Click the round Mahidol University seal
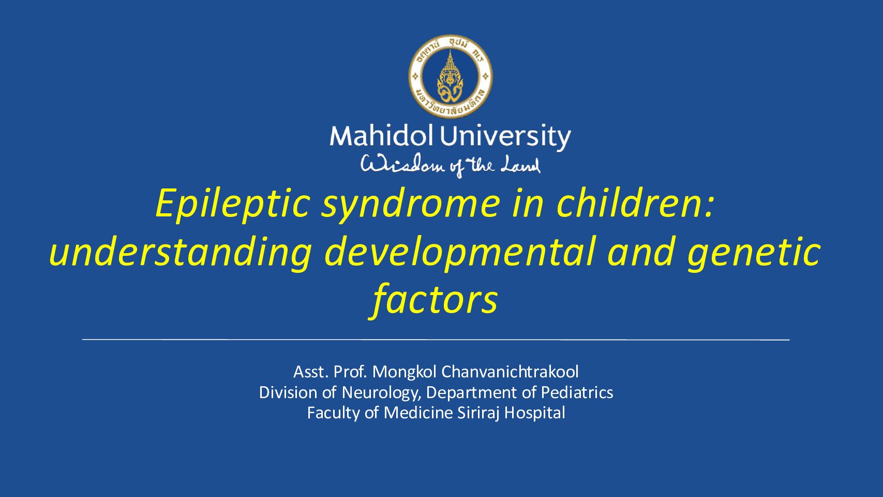pyautogui.click(x=451, y=76)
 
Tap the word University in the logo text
pyautogui.click(x=505, y=138)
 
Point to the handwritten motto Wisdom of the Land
pyautogui.click(x=450, y=166)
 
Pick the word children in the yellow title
pyautogui.click(x=635, y=202)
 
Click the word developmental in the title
pyautogui.click(x=459, y=253)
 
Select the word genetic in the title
pyautogui.click(x=754, y=254)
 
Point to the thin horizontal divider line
pyautogui.click(x=436, y=339)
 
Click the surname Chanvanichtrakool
pyautogui.click(x=510, y=372)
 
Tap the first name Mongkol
pyautogui.click(x=405, y=372)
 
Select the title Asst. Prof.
pyautogui.click(x=331, y=372)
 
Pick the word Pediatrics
pyautogui.click(x=577, y=392)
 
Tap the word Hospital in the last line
pyautogui.click(x=534, y=413)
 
